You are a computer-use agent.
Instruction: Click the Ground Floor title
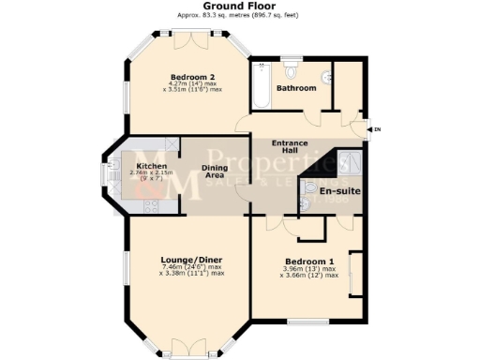(241, 6)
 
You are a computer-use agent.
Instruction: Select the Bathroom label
(295, 88)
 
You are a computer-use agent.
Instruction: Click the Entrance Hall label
(290, 147)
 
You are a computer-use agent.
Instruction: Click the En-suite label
(339, 191)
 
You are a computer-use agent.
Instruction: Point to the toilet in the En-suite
(309, 187)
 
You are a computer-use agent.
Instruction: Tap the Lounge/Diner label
(190, 259)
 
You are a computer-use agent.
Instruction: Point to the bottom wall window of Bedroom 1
(302, 322)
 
